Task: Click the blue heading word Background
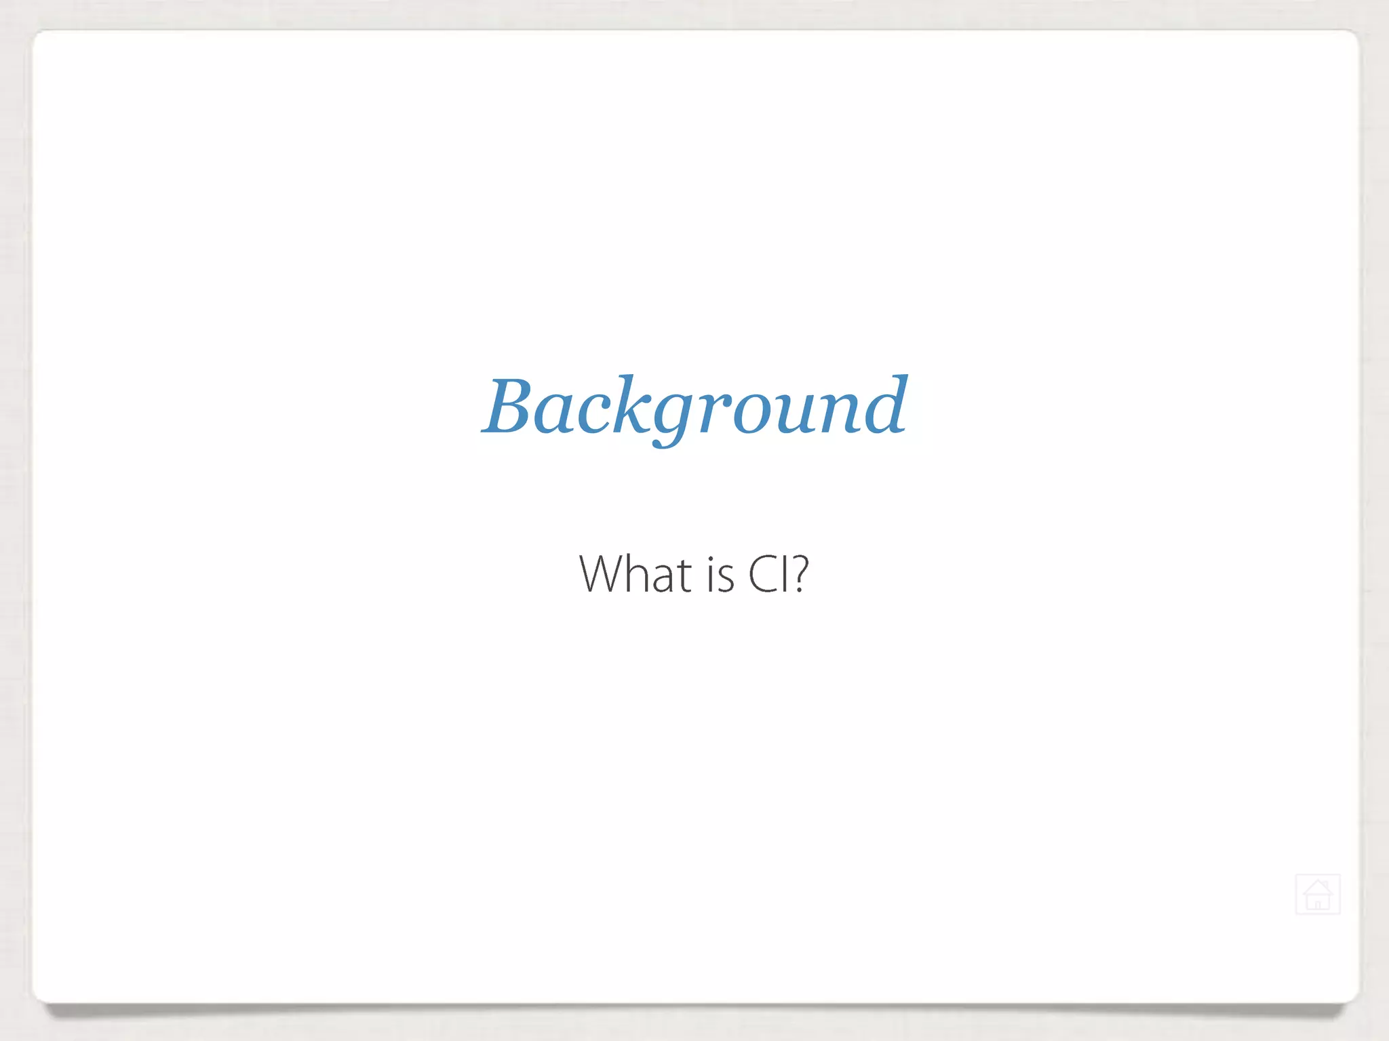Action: [x=694, y=407]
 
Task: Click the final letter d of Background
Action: [x=882, y=405]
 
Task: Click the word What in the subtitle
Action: [x=635, y=575]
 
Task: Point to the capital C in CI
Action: [x=762, y=575]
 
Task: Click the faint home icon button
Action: [x=1317, y=895]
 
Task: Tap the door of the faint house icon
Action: [x=1318, y=903]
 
